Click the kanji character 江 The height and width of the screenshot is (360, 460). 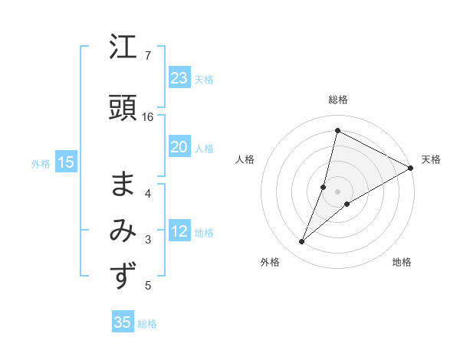(123, 50)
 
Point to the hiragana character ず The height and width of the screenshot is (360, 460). (123, 276)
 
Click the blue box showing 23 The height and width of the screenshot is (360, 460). (179, 78)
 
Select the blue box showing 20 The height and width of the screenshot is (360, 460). (179, 147)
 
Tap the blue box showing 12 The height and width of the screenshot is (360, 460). (179, 232)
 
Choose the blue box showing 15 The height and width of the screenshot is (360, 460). (65, 162)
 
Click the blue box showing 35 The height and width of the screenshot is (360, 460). (122, 322)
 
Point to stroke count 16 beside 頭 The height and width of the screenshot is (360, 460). (148, 117)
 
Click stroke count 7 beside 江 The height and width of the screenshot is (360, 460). (147, 56)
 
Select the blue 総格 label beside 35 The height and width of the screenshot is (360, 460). (147, 324)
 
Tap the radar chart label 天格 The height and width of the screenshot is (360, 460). (431, 159)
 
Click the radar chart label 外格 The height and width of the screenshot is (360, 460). (270, 262)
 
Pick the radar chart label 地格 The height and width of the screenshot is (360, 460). (402, 262)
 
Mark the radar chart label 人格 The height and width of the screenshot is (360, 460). (245, 159)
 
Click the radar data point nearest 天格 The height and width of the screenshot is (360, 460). (410, 168)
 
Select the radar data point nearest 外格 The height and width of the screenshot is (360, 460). (302, 242)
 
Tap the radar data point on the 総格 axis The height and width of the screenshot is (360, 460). (337, 130)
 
